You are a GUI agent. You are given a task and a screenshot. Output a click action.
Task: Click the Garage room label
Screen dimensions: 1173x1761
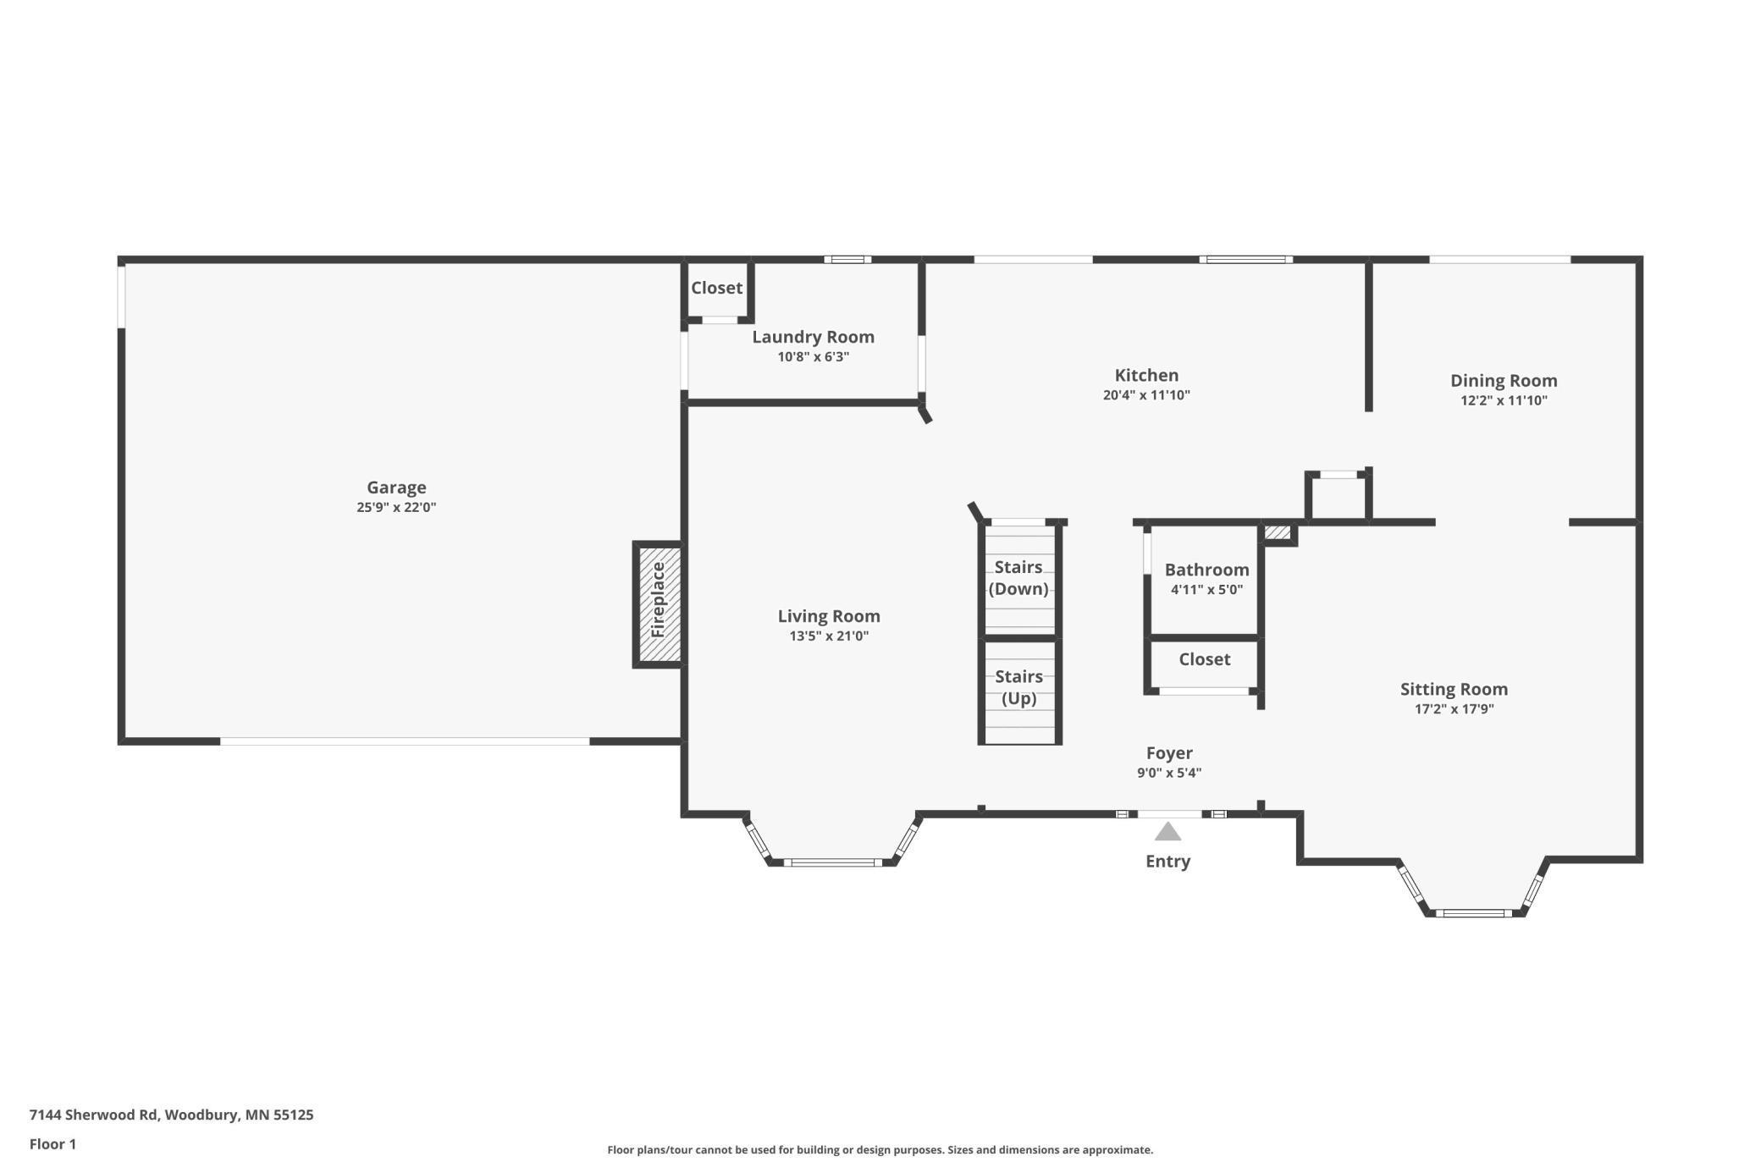tap(396, 487)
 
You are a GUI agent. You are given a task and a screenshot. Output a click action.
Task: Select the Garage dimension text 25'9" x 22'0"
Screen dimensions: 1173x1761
tap(396, 508)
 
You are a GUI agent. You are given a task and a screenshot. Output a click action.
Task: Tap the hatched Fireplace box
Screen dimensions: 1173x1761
tap(659, 604)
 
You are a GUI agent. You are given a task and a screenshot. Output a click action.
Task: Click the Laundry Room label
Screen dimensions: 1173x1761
tap(813, 337)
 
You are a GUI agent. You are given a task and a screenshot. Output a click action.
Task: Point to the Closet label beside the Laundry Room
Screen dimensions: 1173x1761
tap(716, 288)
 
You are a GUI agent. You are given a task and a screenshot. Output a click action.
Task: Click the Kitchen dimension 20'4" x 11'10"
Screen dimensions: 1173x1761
tap(1146, 395)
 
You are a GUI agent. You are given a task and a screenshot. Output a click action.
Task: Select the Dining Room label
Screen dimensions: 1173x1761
tap(1504, 381)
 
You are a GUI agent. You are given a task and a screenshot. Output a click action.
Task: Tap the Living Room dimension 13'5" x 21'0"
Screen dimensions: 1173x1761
tap(829, 636)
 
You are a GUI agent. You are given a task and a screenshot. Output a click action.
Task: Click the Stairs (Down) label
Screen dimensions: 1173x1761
tap(1019, 578)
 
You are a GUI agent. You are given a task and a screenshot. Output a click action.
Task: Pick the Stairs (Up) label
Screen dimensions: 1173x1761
tap(1019, 687)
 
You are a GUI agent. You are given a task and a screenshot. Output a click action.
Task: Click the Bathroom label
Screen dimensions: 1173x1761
tap(1206, 570)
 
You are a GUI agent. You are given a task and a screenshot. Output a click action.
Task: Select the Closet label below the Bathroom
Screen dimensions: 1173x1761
tap(1204, 659)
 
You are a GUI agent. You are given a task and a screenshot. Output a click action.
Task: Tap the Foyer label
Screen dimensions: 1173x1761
tap(1169, 753)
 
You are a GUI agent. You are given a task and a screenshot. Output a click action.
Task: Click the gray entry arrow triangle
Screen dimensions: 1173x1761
tap(1168, 833)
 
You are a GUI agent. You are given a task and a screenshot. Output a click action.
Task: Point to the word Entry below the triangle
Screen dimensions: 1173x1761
tap(1168, 862)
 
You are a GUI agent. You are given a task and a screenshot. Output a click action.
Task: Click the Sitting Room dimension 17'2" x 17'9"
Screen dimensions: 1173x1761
tap(1454, 709)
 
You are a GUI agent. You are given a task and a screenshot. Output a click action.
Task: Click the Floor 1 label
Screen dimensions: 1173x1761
tap(52, 1144)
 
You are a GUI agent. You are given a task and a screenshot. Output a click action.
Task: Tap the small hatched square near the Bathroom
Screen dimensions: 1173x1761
tap(1278, 533)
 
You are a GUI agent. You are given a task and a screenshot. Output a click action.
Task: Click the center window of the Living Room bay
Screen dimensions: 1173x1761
tap(832, 862)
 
